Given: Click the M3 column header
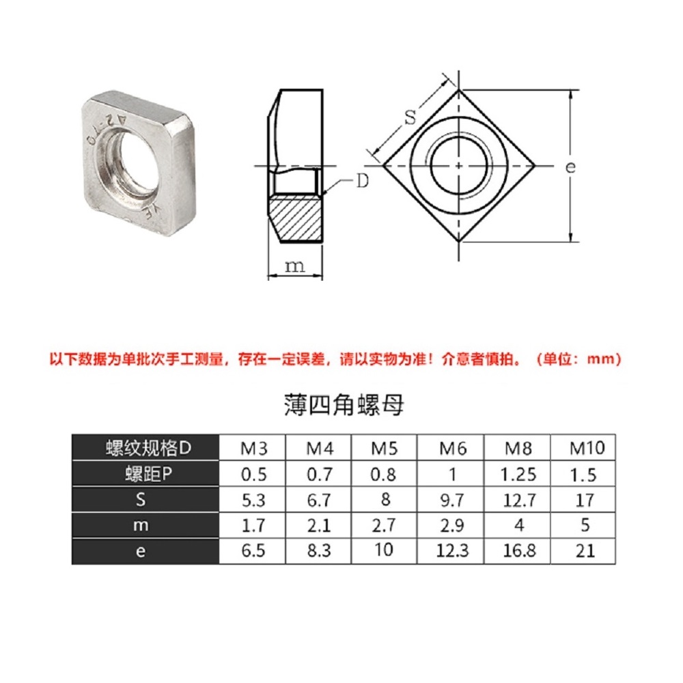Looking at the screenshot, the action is pos(253,448).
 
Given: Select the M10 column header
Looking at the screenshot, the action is pos(587,448).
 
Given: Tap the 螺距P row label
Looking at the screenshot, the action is pos(148,474).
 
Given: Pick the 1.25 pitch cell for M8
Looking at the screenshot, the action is pos(518,475).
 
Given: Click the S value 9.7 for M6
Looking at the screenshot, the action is pos(452,500).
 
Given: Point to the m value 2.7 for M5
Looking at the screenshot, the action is pos(384,525).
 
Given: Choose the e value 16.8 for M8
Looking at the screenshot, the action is pos(519,551).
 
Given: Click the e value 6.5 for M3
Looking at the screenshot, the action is pos(253,551).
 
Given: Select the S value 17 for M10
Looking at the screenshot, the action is pos(585,500).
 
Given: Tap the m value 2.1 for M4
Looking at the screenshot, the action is pos(319,525).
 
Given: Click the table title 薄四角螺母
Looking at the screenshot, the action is pos(344,404).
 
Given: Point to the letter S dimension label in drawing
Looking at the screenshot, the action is pos(410,117).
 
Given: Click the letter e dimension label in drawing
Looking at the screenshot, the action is pos(570,167).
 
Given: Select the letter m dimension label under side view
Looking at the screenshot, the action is pos(294,266).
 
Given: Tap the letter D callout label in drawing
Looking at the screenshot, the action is pos(363,180).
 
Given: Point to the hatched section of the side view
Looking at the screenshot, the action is pos(295,219).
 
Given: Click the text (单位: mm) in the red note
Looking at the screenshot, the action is pos(579,359).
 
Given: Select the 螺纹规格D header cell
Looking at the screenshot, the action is pos(148,448).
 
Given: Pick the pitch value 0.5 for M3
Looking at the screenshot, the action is pos(253,475).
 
